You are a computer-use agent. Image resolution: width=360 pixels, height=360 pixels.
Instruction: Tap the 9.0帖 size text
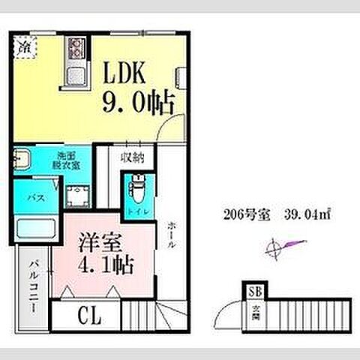tap(133, 100)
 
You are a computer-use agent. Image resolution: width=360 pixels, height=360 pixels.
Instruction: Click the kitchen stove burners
tap(76, 49)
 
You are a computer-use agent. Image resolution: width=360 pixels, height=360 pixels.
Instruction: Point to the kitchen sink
tap(75, 76)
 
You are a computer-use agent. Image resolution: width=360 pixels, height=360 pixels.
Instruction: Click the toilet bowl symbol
tap(137, 187)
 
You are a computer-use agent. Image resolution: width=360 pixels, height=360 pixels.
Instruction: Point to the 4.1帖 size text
tap(107, 265)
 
